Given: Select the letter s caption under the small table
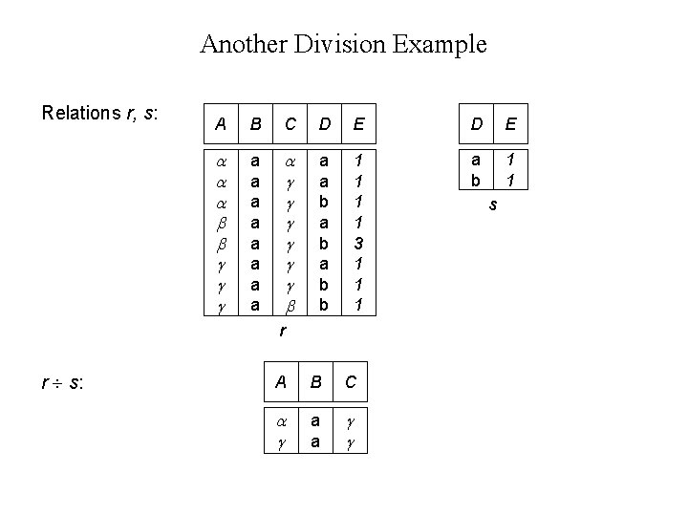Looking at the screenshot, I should (x=492, y=204).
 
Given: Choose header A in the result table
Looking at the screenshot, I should (x=281, y=382).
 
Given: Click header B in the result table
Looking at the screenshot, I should (x=315, y=382).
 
